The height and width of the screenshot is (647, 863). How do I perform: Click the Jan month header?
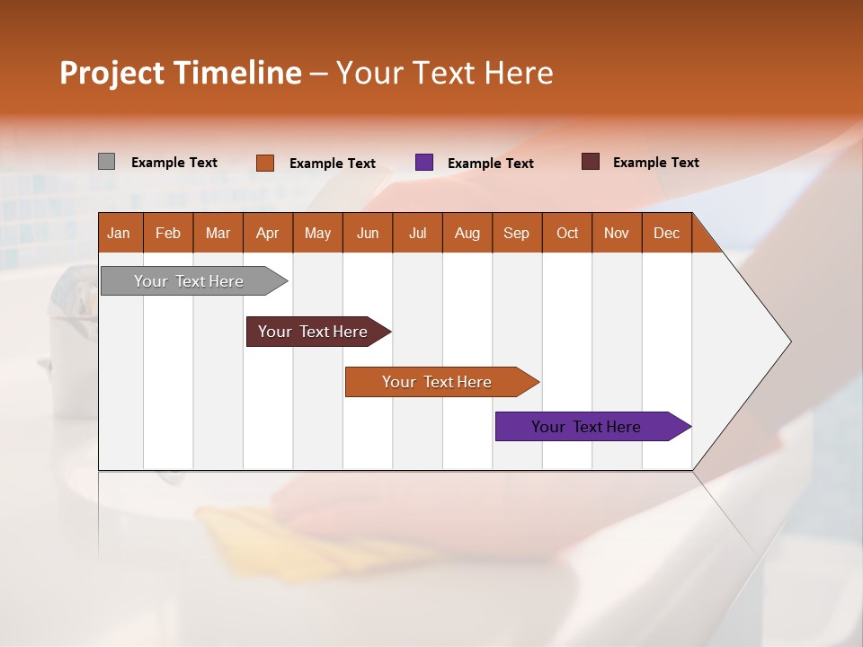[x=119, y=233]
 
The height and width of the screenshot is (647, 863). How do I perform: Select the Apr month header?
[x=267, y=233]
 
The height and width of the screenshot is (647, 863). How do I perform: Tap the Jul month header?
[x=417, y=233]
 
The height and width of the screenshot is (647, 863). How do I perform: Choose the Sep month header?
[x=516, y=233]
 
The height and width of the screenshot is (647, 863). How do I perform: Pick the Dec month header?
[x=666, y=233]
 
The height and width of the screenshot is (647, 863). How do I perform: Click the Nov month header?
[x=616, y=233]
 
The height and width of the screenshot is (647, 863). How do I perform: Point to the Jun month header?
[x=367, y=233]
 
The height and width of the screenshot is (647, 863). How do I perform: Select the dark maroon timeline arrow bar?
[x=314, y=332]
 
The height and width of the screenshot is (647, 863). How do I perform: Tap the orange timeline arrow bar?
[x=438, y=382]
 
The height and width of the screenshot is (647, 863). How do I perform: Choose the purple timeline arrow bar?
[x=587, y=427]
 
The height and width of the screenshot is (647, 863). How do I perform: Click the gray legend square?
[x=106, y=162]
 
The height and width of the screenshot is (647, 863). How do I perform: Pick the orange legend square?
[x=264, y=163]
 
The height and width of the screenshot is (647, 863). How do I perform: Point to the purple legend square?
[x=424, y=163]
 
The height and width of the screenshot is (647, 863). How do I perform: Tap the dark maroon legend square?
[x=590, y=162]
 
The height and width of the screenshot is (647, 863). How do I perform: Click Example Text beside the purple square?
[x=490, y=163]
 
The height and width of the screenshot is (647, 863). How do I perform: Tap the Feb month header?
[x=168, y=233]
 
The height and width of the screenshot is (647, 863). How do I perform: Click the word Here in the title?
[x=519, y=73]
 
